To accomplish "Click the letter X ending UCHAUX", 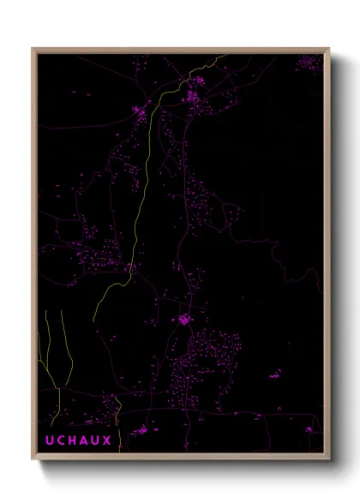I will pos(105,440).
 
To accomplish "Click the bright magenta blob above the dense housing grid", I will pos(184,320).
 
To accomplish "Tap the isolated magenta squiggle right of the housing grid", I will pos(276,373).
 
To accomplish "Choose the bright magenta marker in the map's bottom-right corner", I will pos(309,429).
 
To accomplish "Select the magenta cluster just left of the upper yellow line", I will pos(139,110).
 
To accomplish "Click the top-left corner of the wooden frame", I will pos(33,49).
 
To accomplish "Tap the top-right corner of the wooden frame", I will pos(328,49).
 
